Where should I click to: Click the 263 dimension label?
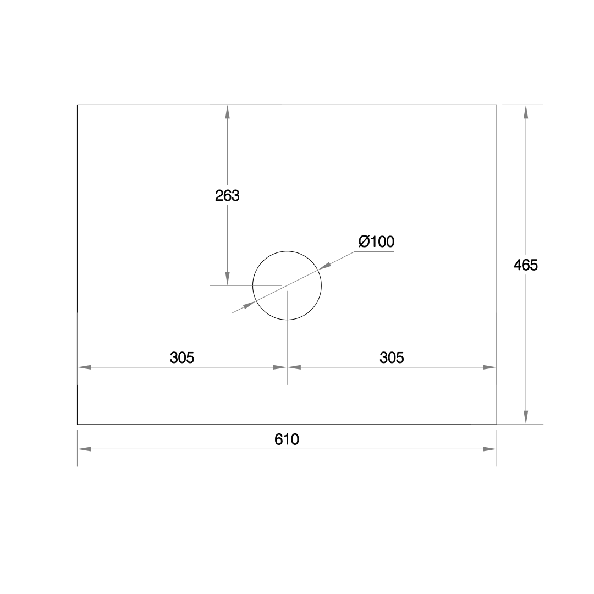coord(227,195)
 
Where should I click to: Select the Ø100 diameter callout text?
coord(376,241)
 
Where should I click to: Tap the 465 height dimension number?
coord(525,265)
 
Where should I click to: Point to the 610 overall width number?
coord(287,439)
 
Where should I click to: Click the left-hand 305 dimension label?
coord(182,358)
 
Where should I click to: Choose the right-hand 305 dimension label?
coord(392,358)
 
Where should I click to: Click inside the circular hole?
coord(287,285)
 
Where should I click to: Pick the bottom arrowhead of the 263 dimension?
coord(227,279)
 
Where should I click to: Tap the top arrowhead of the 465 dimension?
coord(526,111)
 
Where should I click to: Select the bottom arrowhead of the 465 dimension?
coord(526,418)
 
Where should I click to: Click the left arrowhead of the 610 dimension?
coord(84,449)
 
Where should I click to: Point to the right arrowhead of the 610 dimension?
coord(490,449)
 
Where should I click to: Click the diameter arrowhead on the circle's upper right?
coord(325,266)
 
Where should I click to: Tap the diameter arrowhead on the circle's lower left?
coord(249,304)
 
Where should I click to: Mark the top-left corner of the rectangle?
coord(78,105)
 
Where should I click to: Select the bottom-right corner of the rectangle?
coord(497,425)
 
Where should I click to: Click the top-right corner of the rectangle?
coord(497,105)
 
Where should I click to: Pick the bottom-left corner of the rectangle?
coord(78,425)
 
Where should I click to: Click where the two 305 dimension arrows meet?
coord(287,367)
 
